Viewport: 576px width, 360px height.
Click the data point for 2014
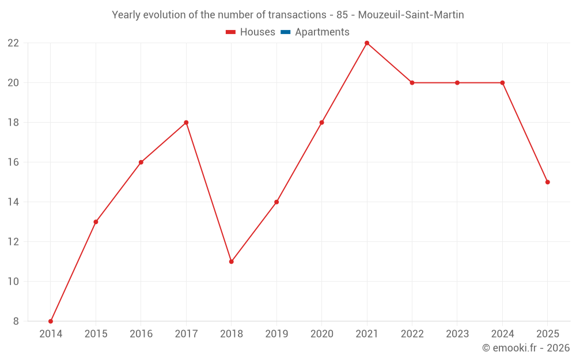click(51, 321)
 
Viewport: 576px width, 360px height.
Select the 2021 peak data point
click(366, 43)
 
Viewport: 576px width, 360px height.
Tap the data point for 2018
click(232, 262)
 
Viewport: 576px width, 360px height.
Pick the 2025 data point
click(547, 182)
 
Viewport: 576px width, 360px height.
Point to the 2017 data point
click(186, 122)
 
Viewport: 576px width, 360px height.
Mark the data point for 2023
click(457, 82)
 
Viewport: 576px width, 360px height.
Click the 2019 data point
click(276, 202)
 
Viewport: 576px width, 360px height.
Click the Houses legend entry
click(250, 32)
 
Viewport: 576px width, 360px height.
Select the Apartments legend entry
click(315, 32)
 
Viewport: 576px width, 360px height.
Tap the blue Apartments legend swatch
click(286, 32)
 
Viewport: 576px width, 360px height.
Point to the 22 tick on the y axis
click(13, 43)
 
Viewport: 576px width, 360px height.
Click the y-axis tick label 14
click(13, 202)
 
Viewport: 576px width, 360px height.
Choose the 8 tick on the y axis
click(16, 321)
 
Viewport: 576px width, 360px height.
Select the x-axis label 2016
click(141, 334)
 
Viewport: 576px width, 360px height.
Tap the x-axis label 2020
click(322, 334)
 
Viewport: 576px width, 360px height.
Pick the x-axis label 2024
click(502, 334)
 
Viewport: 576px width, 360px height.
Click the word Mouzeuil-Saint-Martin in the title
click(411, 15)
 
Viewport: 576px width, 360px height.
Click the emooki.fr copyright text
click(526, 347)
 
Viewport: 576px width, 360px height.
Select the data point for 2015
click(96, 222)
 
